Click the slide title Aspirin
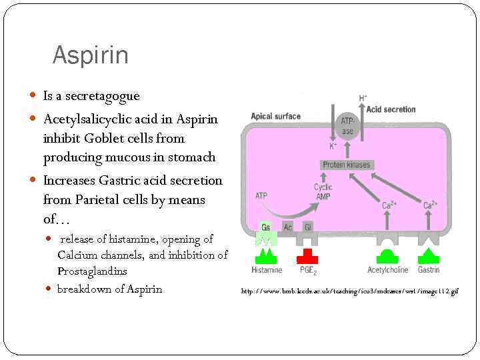click(90, 55)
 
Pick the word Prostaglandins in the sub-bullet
click(92, 271)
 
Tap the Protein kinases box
click(346, 165)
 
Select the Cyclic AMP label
click(323, 191)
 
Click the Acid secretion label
click(391, 109)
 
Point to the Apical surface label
click(276, 117)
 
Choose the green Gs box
click(266, 227)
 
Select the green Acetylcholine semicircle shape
click(387, 256)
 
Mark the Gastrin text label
click(428, 270)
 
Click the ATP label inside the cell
click(262, 195)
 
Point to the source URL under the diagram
click(349, 291)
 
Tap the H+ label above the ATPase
click(363, 98)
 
